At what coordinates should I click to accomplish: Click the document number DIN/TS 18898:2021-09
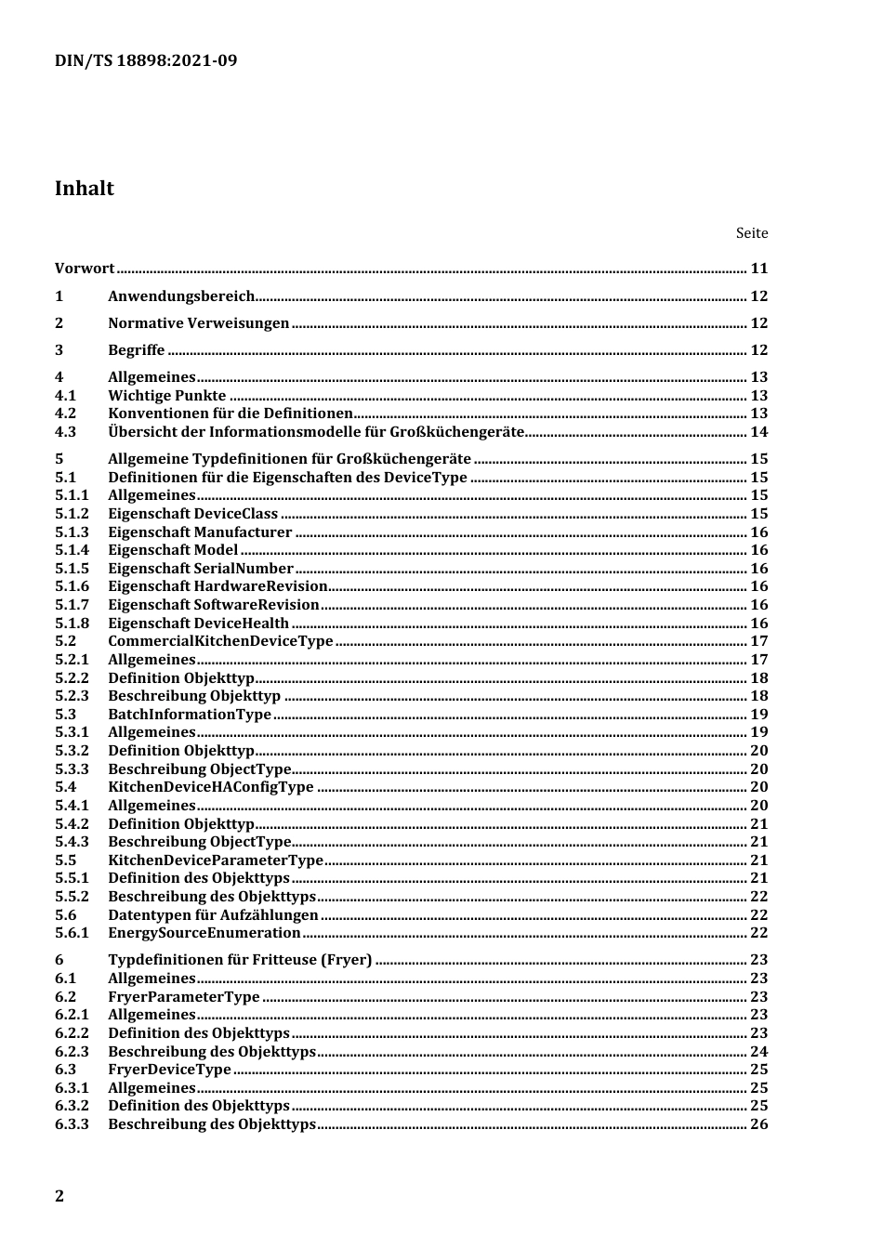point(146,61)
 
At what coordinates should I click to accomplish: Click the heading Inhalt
point(85,189)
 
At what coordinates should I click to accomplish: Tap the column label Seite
point(752,233)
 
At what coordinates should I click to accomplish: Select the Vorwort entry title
point(85,269)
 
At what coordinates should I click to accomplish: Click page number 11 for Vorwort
point(759,269)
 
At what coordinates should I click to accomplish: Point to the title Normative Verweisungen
point(199,323)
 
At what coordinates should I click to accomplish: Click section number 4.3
point(65,432)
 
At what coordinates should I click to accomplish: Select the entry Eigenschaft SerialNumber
point(201,569)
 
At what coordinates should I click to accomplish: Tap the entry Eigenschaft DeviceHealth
point(198,624)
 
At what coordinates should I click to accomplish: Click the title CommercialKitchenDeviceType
point(220,641)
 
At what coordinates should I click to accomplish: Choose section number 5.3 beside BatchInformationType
point(65,715)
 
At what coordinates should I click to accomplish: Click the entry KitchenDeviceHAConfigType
point(211,787)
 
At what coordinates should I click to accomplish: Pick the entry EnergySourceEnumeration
point(204,933)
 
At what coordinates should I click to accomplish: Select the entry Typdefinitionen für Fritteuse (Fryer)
point(240,960)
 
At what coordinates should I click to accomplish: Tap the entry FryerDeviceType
point(169,1070)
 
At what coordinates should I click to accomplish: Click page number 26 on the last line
point(759,1124)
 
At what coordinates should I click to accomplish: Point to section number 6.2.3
point(72,1052)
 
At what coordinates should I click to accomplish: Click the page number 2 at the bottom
point(60,1196)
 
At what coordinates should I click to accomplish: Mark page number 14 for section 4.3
point(759,432)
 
